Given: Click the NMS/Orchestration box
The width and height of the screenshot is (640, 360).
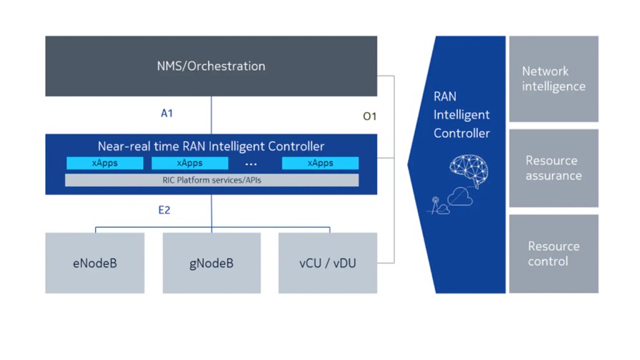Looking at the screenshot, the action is [211, 66].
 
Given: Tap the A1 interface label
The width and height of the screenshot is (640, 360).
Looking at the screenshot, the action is [166, 114].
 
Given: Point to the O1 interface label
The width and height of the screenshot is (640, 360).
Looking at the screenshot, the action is [369, 116].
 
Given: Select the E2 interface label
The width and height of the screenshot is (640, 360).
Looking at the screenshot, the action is [164, 210].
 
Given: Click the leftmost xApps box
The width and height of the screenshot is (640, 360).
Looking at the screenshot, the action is [105, 163].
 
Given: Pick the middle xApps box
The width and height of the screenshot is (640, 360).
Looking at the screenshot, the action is [190, 163].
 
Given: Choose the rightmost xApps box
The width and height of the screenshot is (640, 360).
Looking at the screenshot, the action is [321, 163].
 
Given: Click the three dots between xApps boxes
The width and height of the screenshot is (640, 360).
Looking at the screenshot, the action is [251, 164].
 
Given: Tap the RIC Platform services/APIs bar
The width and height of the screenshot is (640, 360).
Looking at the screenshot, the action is [212, 180].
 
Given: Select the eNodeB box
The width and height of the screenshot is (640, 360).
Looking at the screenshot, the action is [95, 263].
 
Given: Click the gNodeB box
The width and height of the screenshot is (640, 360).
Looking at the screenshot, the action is [211, 263].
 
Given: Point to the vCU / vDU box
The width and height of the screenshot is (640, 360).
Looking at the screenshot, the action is [328, 263].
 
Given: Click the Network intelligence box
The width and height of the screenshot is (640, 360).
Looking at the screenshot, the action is [554, 79].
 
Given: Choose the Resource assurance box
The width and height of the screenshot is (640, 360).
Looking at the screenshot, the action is [554, 168].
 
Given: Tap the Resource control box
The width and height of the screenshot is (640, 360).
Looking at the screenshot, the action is [554, 254].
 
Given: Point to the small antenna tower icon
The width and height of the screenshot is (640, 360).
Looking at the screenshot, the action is [435, 205].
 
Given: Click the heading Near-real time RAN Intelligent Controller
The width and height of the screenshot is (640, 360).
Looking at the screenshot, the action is [211, 146].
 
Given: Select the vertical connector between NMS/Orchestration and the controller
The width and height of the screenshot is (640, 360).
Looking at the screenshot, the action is [211, 115].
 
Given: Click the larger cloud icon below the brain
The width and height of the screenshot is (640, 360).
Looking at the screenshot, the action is [460, 196].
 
